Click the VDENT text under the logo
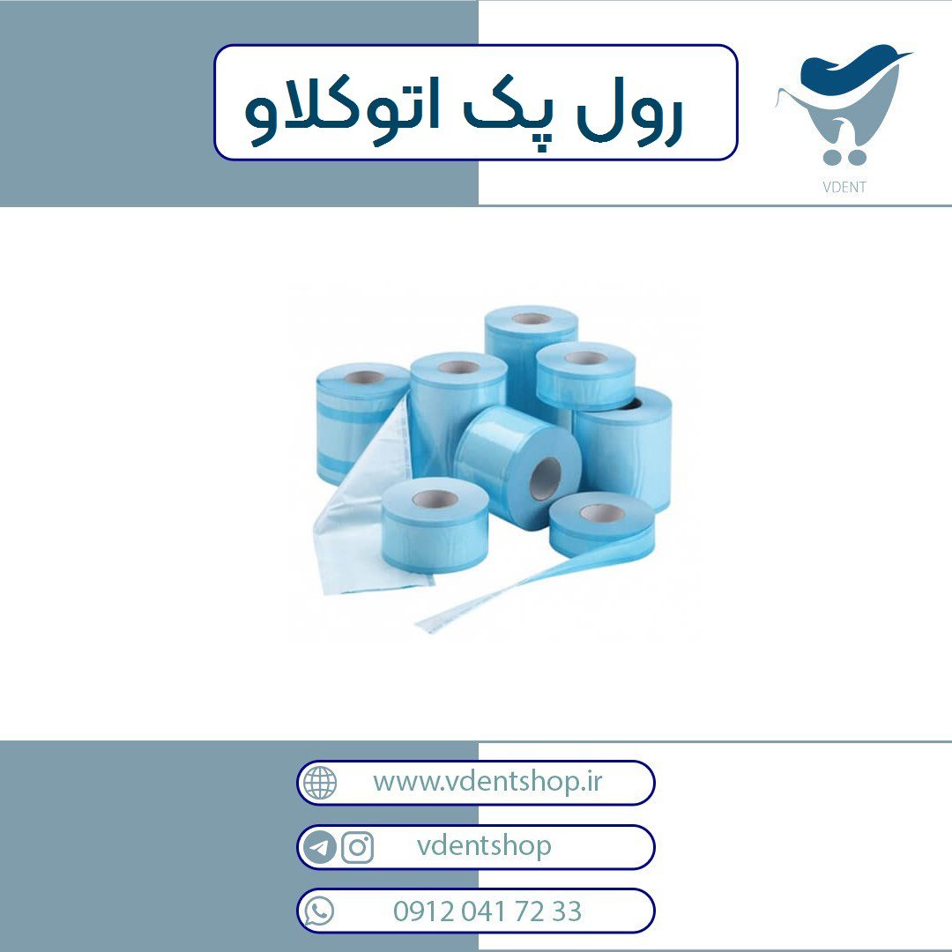click(844, 187)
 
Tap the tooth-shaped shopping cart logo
click(843, 104)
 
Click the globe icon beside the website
click(320, 783)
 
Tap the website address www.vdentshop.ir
click(487, 781)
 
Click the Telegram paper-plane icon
click(319, 847)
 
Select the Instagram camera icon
click(357, 847)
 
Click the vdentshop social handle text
click(484, 846)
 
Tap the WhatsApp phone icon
click(319, 911)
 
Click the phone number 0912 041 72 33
click(487, 911)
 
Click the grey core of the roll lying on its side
click(545, 480)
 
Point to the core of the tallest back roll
click(531, 319)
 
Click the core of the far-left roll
click(364, 377)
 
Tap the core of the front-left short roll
click(435, 499)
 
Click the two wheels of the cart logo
click(844, 158)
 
